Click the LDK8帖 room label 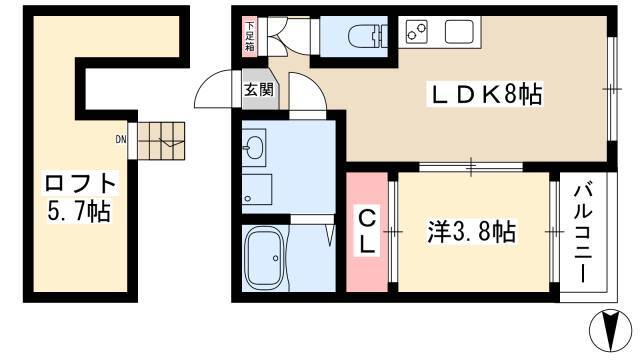click(x=485, y=95)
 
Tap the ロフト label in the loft click(x=80, y=184)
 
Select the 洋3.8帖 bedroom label click(x=471, y=231)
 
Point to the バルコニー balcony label click(x=583, y=233)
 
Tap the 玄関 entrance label click(x=259, y=89)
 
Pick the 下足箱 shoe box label click(x=249, y=36)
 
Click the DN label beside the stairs click(x=121, y=140)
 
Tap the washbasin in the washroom click(x=254, y=147)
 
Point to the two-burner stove click(x=417, y=32)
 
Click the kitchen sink click(x=459, y=32)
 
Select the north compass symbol click(x=611, y=330)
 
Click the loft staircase click(x=161, y=140)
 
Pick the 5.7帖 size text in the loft click(x=79, y=211)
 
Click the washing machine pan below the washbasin click(x=257, y=189)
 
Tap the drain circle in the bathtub click(x=276, y=258)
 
